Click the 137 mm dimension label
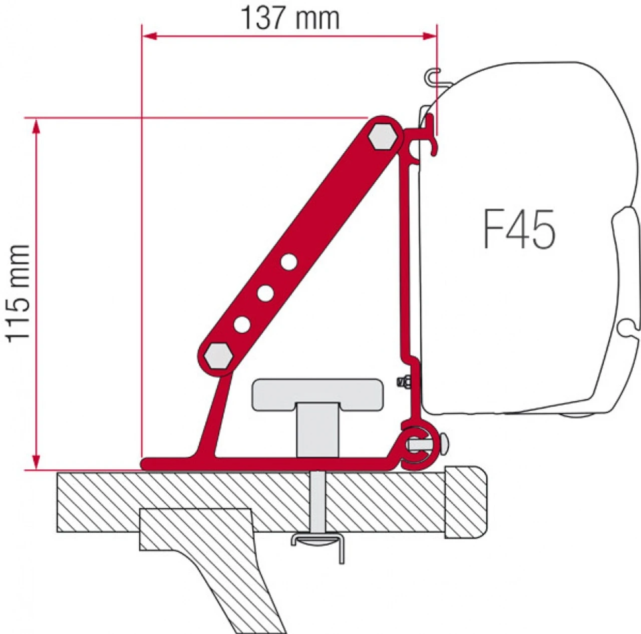click(290, 19)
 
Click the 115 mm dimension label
click(19, 293)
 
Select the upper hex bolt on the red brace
click(383, 135)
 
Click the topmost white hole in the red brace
click(289, 262)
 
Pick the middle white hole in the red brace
click(265, 293)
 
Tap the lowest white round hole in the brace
click(242, 325)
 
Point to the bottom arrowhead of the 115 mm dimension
click(36, 461)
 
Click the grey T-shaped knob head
click(317, 394)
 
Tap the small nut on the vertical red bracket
click(403, 382)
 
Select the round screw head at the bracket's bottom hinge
click(444, 444)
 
